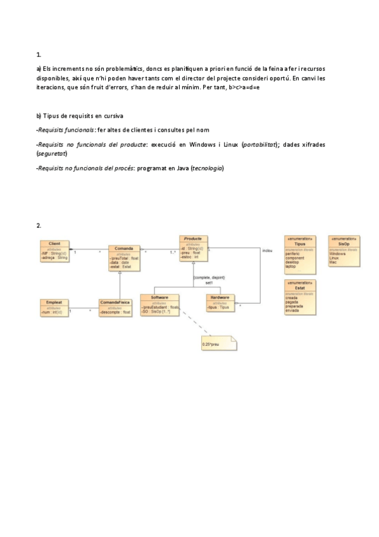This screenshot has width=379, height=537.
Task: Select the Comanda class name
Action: coord(124,249)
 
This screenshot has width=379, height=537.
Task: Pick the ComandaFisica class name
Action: coord(116,303)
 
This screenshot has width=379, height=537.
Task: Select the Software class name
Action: coord(159,296)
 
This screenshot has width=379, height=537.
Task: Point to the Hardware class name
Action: coord(221,296)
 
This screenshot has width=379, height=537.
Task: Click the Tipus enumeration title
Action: coord(300,243)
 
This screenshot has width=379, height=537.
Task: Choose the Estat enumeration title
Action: coord(300,287)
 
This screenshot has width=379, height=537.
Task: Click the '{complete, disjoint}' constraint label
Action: coord(209,277)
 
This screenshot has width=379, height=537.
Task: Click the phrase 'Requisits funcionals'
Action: coord(66,129)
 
